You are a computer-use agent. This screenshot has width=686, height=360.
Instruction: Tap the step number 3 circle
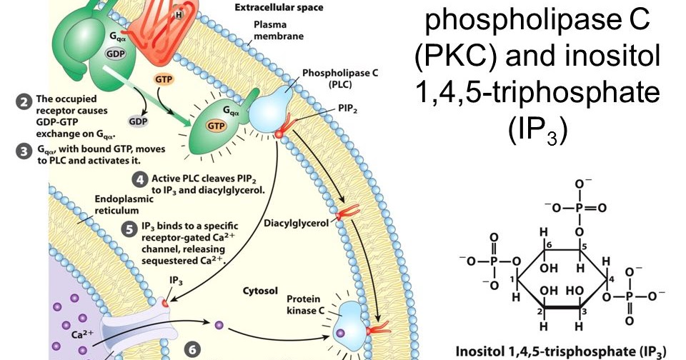pyautogui.click(x=24, y=151)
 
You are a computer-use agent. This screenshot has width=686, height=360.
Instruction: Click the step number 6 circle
pyautogui.click(x=191, y=350)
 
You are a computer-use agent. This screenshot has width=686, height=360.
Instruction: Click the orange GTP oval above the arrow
pyautogui.click(x=162, y=77)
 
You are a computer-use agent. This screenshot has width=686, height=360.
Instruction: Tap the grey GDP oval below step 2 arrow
pyautogui.click(x=138, y=121)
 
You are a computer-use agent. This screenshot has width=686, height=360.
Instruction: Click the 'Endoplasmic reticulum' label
pyautogui.click(x=128, y=205)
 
